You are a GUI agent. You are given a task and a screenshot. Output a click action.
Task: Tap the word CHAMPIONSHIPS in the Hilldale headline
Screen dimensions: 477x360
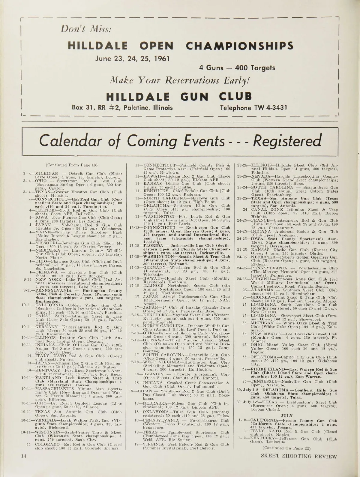239,46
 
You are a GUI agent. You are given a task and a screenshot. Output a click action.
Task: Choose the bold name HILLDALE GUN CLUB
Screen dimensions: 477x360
179,96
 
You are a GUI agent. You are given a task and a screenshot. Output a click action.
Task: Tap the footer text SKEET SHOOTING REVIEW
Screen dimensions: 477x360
299,465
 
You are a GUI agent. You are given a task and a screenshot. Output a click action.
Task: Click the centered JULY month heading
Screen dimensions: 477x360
286,416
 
